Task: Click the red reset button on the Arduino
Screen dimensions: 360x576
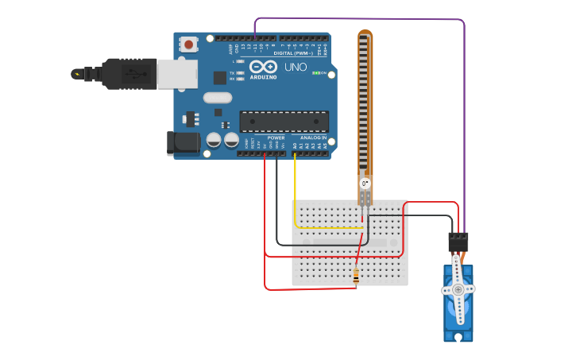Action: pyautogui.click(x=188, y=45)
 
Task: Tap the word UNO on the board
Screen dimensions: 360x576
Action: pyautogui.click(x=296, y=68)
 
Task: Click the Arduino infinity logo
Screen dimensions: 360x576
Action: pyautogui.click(x=264, y=66)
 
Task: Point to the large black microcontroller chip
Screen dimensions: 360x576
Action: pyautogui.click(x=284, y=122)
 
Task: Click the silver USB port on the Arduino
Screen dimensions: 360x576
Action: pyautogui.click(x=176, y=74)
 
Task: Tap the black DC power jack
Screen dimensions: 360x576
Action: pyautogui.click(x=182, y=143)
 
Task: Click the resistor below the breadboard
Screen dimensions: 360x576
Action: pyautogui.click(x=355, y=277)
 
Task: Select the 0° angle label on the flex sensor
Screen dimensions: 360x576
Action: pyautogui.click(x=365, y=184)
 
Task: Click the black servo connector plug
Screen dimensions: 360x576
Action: pyautogui.click(x=458, y=242)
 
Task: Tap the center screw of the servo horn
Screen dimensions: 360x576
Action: pyautogui.click(x=458, y=290)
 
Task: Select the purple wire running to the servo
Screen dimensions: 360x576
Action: pyautogui.click(x=464, y=119)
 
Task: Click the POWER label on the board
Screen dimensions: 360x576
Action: pyautogui.click(x=276, y=137)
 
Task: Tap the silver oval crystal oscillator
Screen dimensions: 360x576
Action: pyautogui.click(x=217, y=98)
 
